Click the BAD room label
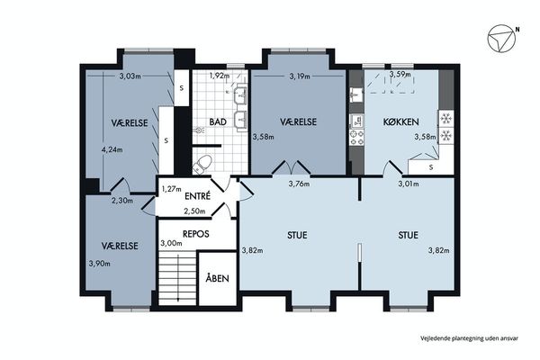pos(218,121)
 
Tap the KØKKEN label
pos(401,121)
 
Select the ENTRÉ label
pos(197,195)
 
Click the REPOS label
pos(196,234)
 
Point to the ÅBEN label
pos(217,278)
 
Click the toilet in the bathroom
pos(202,164)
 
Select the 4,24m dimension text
pos(112,149)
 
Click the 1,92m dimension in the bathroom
pos(220,76)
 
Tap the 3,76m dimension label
pos(299,184)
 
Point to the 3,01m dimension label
pos(409,184)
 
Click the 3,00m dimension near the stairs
pos(171,243)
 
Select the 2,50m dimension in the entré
pos(194,211)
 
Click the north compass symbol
pos(501,39)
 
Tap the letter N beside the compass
pos(517,30)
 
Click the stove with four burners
pos(356,138)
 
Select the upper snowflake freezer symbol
pos(446,119)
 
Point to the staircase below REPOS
pos(177,278)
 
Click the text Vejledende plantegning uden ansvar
pos(469,338)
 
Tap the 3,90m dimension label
pos(100,264)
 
